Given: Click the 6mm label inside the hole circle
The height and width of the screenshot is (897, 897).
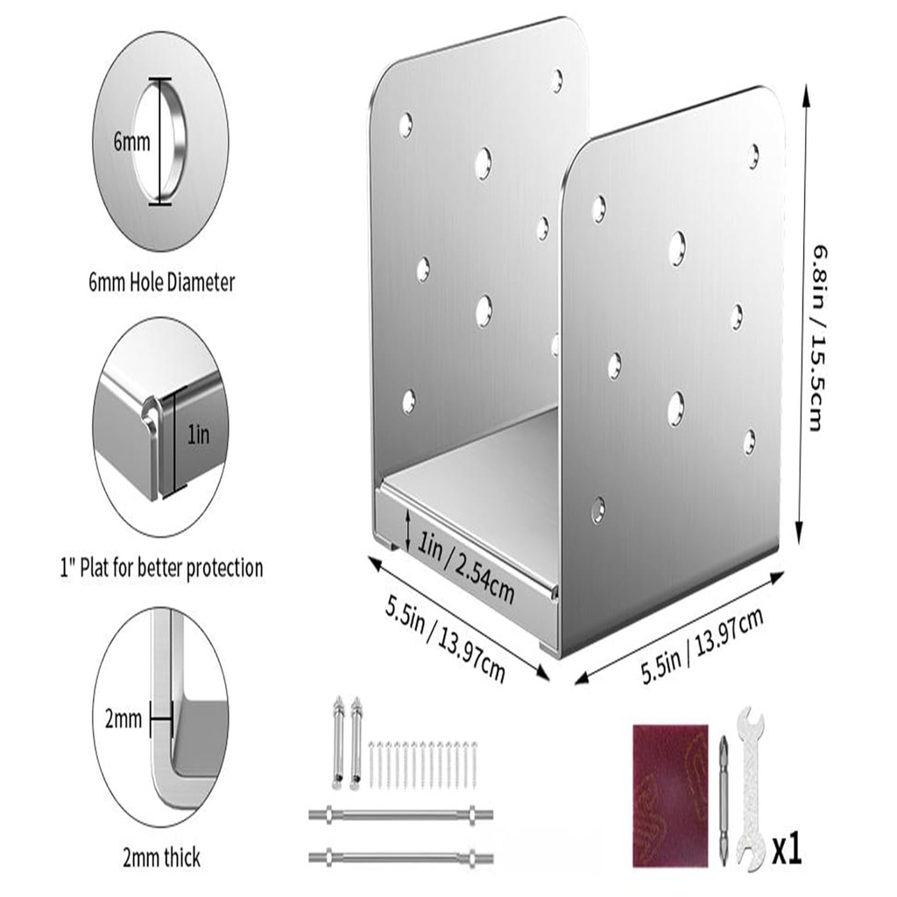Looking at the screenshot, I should click(131, 142).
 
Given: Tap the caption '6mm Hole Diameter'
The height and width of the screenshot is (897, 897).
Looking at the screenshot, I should click(161, 282).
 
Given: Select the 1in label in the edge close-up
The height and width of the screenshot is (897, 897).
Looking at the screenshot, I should click(199, 434).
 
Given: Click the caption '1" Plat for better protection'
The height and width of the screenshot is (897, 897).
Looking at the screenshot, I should click(161, 568).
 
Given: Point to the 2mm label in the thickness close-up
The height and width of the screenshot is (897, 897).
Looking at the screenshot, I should click(123, 720).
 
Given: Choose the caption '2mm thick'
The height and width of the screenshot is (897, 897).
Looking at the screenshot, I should click(161, 857).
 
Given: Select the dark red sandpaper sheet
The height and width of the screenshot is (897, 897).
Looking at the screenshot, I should click(669, 794).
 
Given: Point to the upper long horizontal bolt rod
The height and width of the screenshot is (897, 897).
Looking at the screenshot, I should click(400, 815).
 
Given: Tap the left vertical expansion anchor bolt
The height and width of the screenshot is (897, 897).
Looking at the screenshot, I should click(339, 740).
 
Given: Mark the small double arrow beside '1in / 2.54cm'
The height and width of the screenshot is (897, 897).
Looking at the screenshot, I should click(408, 530).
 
